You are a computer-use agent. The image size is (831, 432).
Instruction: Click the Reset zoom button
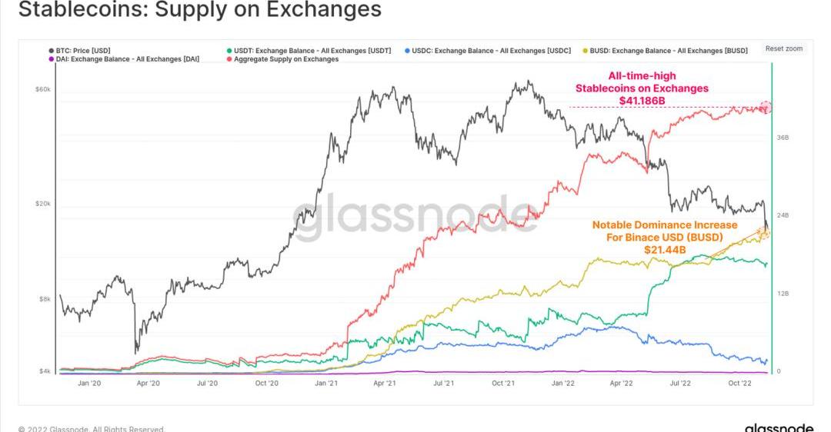pyautogui.click(x=783, y=48)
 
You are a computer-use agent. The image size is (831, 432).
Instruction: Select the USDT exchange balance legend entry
pyautogui.click(x=312, y=51)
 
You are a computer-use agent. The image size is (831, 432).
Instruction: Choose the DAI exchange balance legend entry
pyautogui.click(x=127, y=59)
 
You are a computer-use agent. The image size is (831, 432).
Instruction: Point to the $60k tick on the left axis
pyautogui.click(x=42, y=90)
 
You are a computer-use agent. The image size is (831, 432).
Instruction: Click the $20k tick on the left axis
pyautogui.click(x=42, y=204)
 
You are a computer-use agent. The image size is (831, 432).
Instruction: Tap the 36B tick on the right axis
pyautogui.click(x=783, y=138)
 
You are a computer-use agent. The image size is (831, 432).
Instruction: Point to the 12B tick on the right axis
pyautogui.click(x=783, y=294)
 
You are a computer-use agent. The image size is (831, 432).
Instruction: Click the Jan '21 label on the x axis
pyautogui.click(x=326, y=383)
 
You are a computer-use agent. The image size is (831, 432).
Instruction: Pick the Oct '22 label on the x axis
pyautogui.click(x=739, y=383)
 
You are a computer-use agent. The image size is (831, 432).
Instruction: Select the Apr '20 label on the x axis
pyautogui.click(x=148, y=383)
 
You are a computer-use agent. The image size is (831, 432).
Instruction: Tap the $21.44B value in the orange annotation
pyautogui.click(x=664, y=249)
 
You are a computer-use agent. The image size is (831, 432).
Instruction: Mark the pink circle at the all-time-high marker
pyautogui.click(x=766, y=108)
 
